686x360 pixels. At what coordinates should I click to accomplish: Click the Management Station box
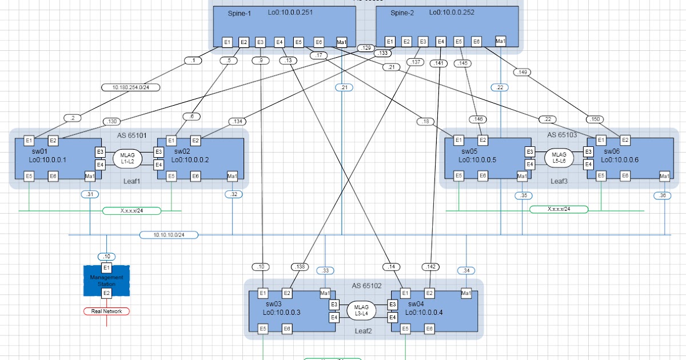106,281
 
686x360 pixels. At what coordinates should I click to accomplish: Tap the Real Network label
106,311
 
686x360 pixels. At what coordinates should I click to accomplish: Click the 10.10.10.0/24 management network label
169,235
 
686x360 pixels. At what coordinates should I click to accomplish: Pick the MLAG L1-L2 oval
127,158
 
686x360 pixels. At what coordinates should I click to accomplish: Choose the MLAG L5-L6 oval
559,158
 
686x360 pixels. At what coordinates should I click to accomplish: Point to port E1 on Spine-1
227,42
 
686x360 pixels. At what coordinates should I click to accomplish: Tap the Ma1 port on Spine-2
500,42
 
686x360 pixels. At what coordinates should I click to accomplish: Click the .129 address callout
365,48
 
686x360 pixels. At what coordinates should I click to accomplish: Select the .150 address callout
595,119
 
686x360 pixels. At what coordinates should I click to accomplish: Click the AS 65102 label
366,285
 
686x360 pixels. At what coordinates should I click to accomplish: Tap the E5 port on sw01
29,176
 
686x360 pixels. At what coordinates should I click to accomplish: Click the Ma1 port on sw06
664,176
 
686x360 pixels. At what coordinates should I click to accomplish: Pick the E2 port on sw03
288,294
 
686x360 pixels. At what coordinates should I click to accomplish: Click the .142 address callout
431,267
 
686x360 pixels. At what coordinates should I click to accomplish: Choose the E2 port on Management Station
106,293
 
